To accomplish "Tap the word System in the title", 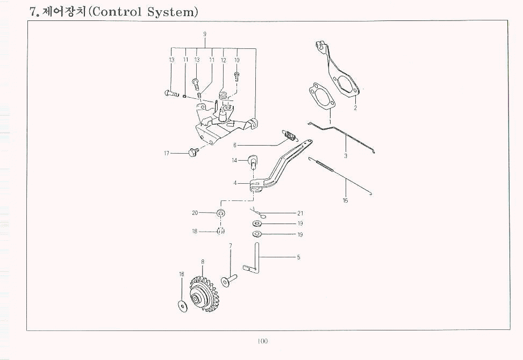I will pos(170,11).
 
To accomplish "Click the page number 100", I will pos(262,341).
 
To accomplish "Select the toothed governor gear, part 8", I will pos(205,295).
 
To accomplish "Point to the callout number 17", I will pos(167,154).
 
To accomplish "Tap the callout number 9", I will pos(205,34).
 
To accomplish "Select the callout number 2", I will pos(355,108).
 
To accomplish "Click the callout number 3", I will pos(346,156).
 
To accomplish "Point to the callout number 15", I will pos(345,200).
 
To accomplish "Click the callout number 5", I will pos(298,257).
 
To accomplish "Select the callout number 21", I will pos(300,213).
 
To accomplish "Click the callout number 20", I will pos(195,213).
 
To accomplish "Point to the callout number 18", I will pos(195,232).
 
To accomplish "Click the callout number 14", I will pos(234,160).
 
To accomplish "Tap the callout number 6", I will pos(235,145).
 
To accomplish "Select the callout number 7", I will pos(230,246).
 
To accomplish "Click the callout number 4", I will pos(235,183).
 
